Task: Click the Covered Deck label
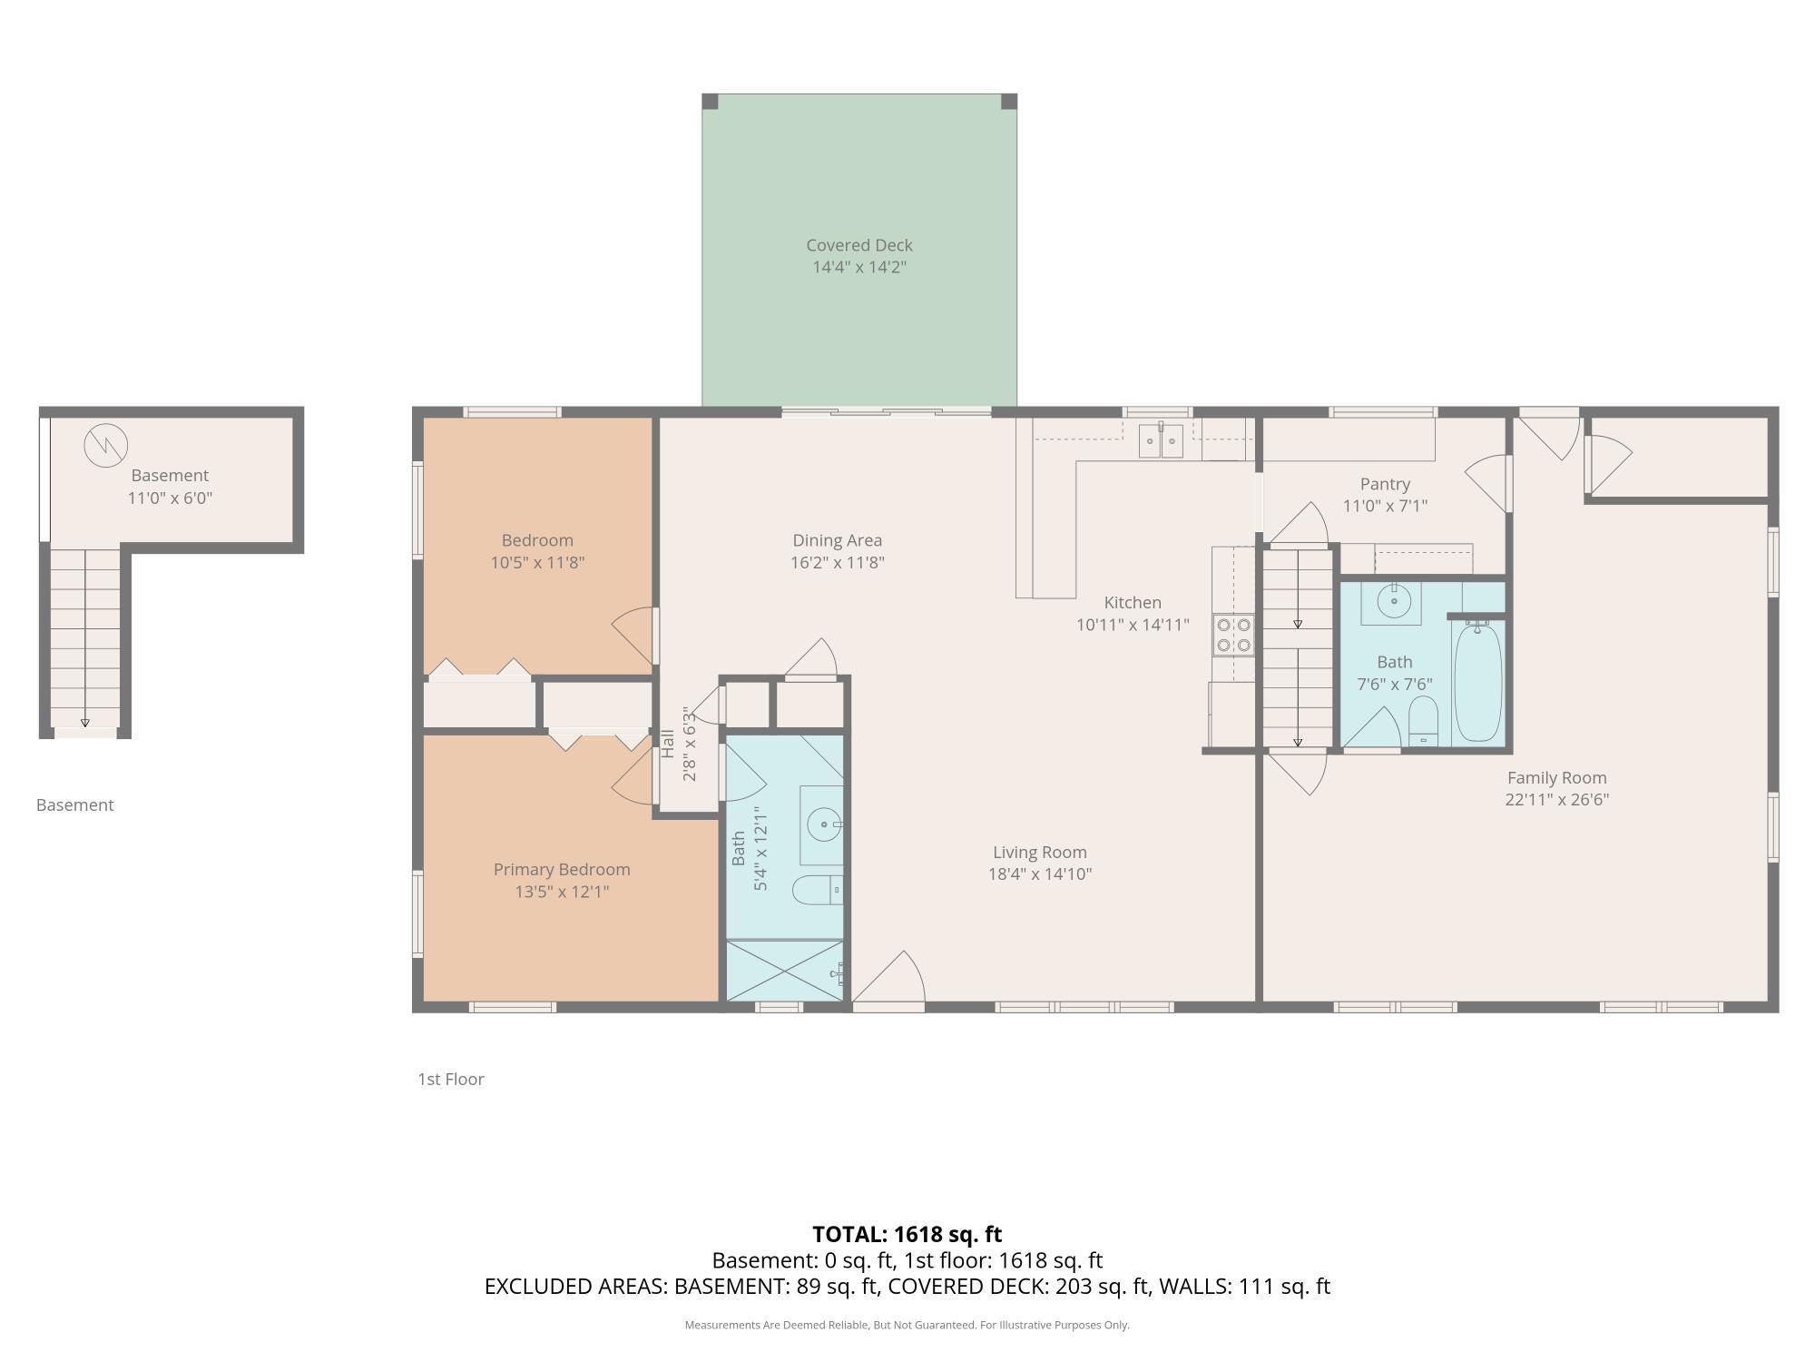pyautogui.click(x=858, y=245)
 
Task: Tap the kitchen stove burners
pyautogui.click(x=1233, y=635)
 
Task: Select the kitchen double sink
pyautogui.click(x=1161, y=441)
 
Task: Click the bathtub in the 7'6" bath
pyautogui.click(x=1477, y=681)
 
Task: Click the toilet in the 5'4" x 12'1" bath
pyautogui.click(x=818, y=891)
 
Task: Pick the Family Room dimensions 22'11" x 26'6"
pyautogui.click(x=1556, y=800)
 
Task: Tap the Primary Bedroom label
pyautogui.click(x=562, y=869)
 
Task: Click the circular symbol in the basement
pyautogui.click(x=106, y=445)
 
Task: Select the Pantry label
pyautogui.click(x=1385, y=484)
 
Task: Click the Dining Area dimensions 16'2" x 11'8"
pyautogui.click(x=837, y=562)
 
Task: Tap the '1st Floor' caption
pyautogui.click(x=451, y=1079)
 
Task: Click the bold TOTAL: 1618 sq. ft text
pyautogui.click(x=907, y=1234)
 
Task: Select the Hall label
pyautogui.click(x=668, y=744)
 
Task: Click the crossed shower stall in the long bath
pyautogui.click(x=785, y=971)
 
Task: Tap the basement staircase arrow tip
pyautogui.click(x=85, y=723)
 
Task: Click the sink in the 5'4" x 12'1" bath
pyautogui.click(x=823, y=825)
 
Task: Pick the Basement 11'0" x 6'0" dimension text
pyautogui.click(x=170, y=498)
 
